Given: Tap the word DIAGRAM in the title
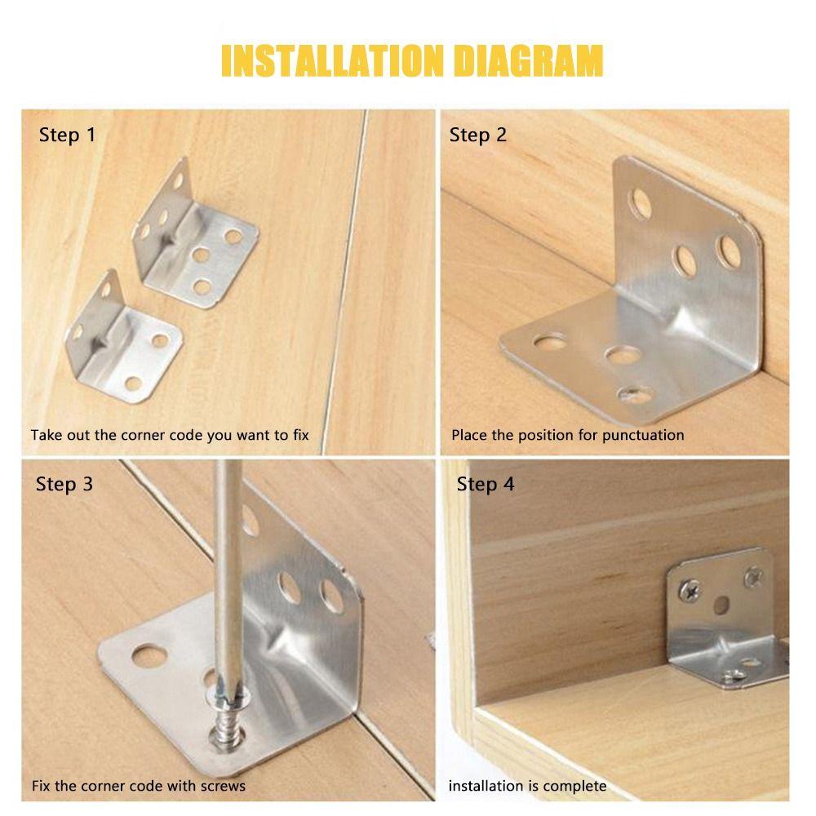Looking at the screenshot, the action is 529,61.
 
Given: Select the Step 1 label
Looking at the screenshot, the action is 67,135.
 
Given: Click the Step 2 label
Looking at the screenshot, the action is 477,135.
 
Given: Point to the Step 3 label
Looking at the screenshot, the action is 64,485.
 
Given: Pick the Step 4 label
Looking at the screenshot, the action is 485,485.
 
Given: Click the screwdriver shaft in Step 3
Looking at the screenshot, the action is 228,573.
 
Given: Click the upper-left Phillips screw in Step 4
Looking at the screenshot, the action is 690,591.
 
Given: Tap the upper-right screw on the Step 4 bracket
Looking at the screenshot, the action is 753,577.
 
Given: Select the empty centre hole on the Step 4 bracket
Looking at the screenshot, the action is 721,605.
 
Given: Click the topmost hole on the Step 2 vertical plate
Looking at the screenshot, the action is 640,203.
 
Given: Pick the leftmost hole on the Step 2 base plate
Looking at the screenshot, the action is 550,341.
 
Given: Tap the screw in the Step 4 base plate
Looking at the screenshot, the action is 734,676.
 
